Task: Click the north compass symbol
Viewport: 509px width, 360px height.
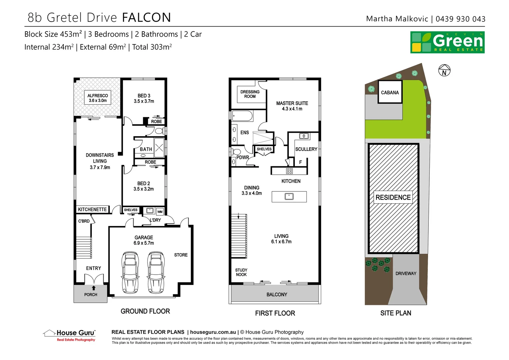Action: (444, 71)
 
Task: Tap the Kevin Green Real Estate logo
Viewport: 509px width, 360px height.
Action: (447, 42)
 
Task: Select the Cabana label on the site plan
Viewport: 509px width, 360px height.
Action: (390, 92)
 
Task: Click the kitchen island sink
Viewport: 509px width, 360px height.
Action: (289, 196)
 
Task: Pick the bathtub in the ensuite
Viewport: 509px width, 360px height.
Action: (243, 116)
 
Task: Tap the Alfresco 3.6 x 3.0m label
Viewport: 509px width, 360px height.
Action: (98, 98)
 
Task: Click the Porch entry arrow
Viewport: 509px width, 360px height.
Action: (94, 288)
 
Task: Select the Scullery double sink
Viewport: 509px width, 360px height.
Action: (304, 136)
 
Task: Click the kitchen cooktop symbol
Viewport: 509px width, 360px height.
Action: (289, 171)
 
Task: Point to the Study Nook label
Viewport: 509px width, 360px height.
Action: (241, 272)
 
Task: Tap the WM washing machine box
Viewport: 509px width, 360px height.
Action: (160, 212)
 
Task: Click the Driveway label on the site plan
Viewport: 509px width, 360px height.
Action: (406, 273)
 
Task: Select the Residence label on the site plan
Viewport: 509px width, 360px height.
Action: (393, 197)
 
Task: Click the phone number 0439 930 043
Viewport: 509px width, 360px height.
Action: (460, 19)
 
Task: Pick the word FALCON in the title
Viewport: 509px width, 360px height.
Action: (147, 18)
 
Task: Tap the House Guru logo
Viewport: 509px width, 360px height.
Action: (70, 335)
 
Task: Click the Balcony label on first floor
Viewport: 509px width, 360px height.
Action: (276, 295)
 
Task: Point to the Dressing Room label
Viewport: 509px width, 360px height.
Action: (250, 94)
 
